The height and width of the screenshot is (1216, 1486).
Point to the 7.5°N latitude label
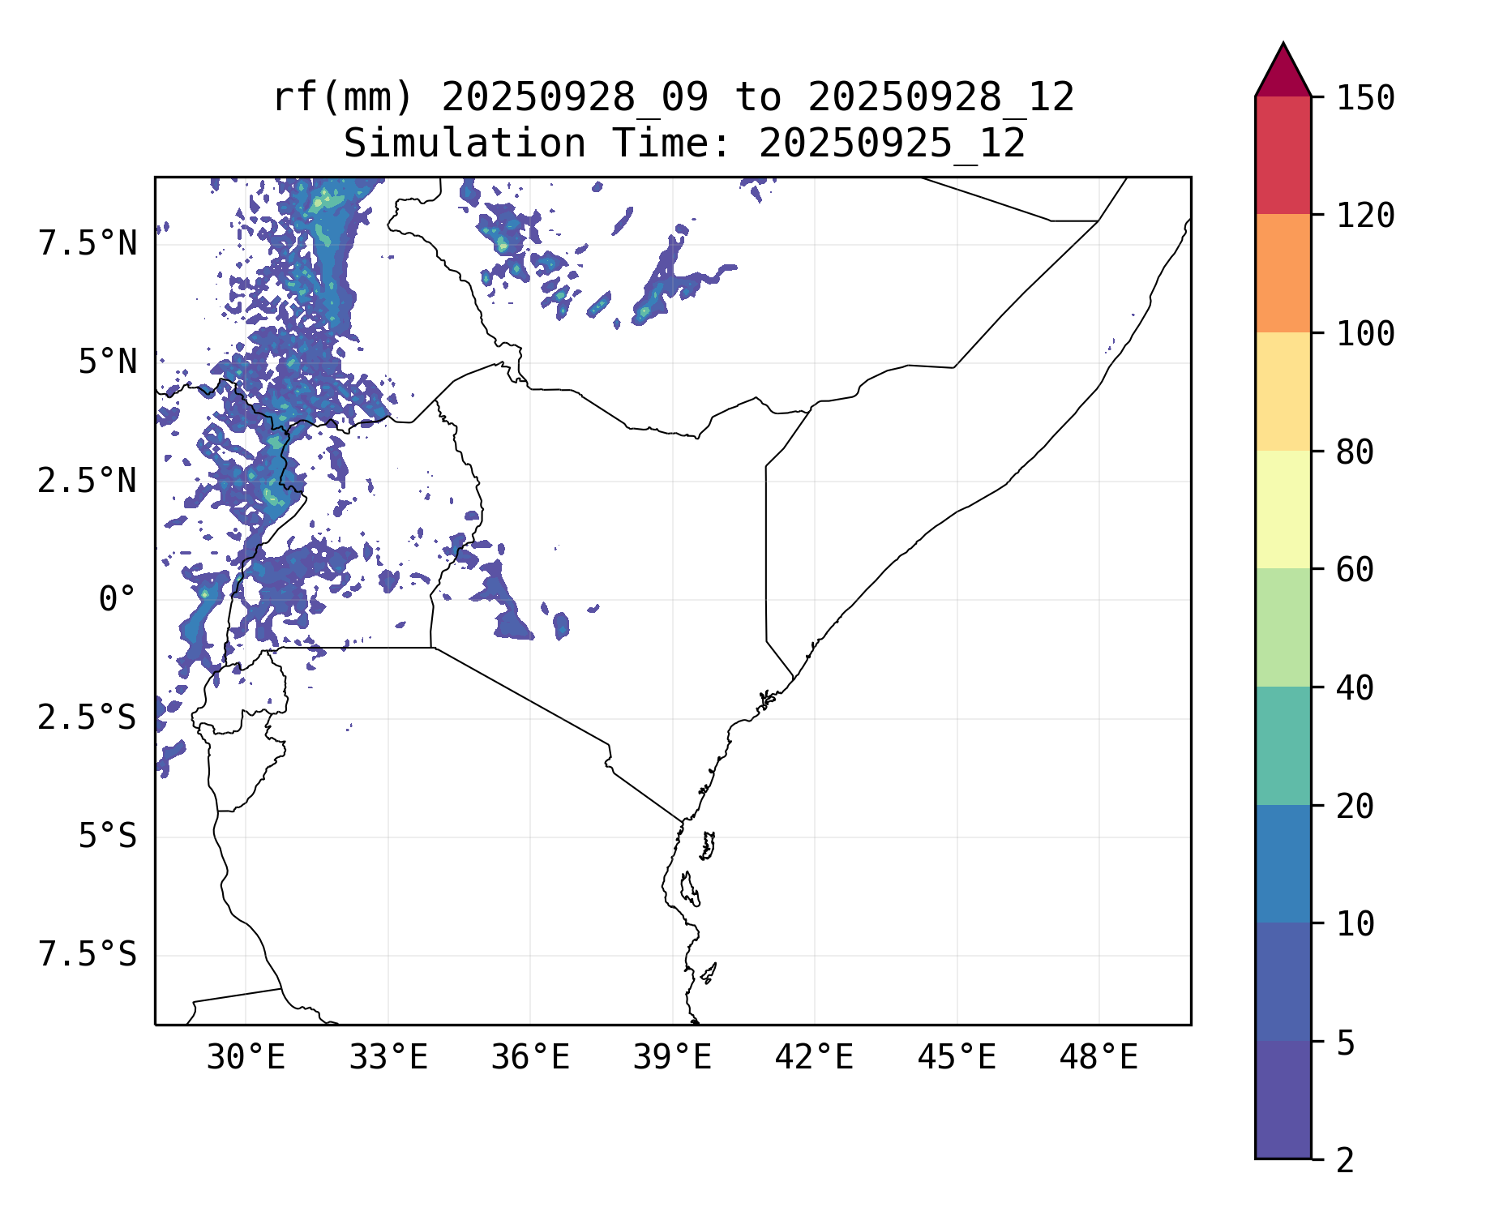tap(88, 243)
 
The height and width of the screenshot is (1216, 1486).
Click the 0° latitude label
tap(118, 600)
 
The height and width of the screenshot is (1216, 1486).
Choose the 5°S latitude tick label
tap(107, 837)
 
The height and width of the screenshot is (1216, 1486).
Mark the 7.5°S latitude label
tap(88, 955)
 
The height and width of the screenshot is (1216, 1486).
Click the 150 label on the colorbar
tap(1365, 99)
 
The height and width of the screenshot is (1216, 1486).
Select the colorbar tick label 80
tap(1355, 452)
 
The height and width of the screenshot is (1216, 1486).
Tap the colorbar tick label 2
tap(1345, 1161)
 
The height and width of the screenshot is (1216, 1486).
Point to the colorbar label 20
tap(1355, 807)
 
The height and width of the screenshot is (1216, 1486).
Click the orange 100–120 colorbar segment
tap(1283, 273)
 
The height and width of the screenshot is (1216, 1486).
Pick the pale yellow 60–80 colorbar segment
tap(1283, 509)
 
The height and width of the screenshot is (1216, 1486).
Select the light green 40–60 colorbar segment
tap(1283, 627)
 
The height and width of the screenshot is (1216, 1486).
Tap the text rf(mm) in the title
tap(343, 97)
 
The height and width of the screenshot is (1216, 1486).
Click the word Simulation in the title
tap(465, 144)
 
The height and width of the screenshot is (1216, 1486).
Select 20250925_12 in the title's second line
tap(892, 144)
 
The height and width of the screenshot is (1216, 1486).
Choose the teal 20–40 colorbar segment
tap(1283, 746)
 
